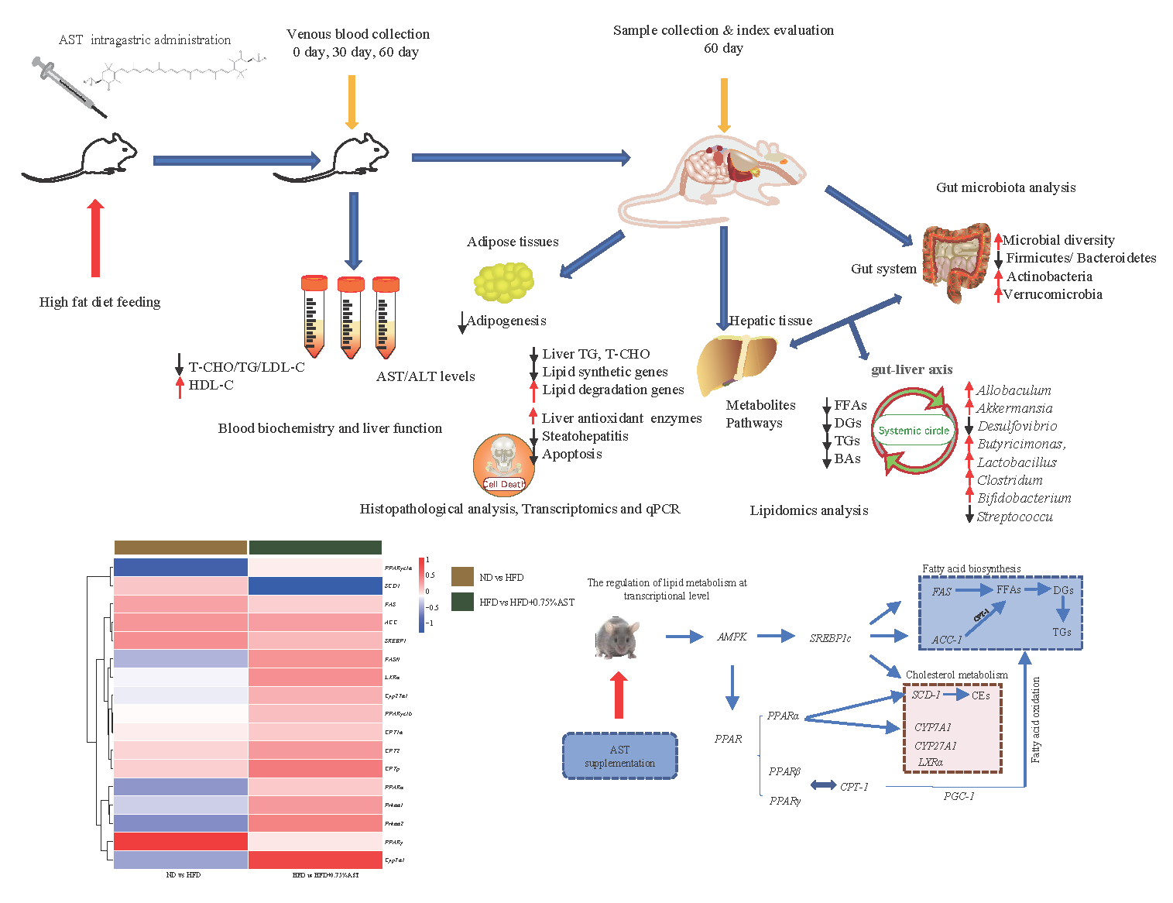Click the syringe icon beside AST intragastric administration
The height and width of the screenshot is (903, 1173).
click(68, 86)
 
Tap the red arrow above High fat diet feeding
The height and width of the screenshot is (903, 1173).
click(95, 238)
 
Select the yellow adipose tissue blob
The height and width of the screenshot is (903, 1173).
click(504, 282)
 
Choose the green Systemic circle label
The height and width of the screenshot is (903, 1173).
click(914, 431)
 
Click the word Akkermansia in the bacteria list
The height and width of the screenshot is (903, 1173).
click(1014, 408)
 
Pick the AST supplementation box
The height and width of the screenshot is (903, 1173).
click(619, 756)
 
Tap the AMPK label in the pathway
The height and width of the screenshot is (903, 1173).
click(732, 637)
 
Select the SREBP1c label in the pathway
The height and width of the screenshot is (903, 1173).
click(830, 638)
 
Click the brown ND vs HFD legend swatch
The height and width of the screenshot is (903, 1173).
click(462, 576)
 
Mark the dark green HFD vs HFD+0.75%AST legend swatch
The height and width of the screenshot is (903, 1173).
click(462, 602)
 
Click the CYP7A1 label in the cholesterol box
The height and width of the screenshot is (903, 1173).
click(932, 727)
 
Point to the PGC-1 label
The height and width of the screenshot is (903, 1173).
click(959, 796)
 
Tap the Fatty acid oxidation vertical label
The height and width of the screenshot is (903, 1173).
click(1036, 719)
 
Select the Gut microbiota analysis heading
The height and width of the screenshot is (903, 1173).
click(1006, 187)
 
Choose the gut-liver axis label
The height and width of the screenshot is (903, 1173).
click(911, 369)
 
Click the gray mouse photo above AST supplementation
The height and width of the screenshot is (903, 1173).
click(616, 637)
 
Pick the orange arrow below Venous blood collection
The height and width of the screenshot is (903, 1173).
click(352, 101)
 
